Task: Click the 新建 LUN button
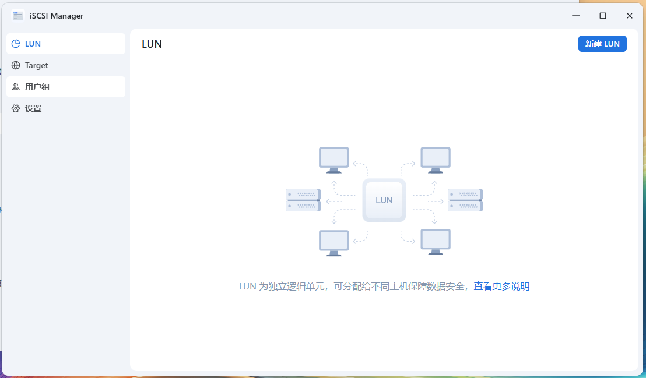tap(602, 44)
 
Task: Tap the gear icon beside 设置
tap(16, 108)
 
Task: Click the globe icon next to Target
tap(16, 65)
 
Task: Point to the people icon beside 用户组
tap(16, 87)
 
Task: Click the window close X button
tap(630, 16)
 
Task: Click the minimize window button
tap(576, 16)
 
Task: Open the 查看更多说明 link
tap(501, 286)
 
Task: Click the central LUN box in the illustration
tap(384, 200)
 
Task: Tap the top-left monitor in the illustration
tap(334, 160)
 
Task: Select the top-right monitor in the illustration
tap(436, 160)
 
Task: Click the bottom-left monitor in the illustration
tap(334, 242)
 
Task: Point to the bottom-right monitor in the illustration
tap(436, 242)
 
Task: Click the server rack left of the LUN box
tap(303, 200)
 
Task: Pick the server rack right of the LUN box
tap(465, 200)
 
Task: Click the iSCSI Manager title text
tap(57, 16)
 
